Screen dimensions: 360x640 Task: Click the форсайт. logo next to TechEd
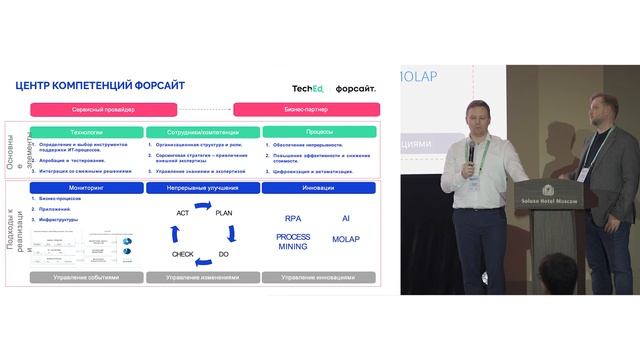tap(357, 88)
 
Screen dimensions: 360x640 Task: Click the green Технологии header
tap(86, 132)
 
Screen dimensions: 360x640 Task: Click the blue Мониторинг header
tap(86, 187)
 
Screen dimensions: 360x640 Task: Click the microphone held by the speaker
tap(470, 147)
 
